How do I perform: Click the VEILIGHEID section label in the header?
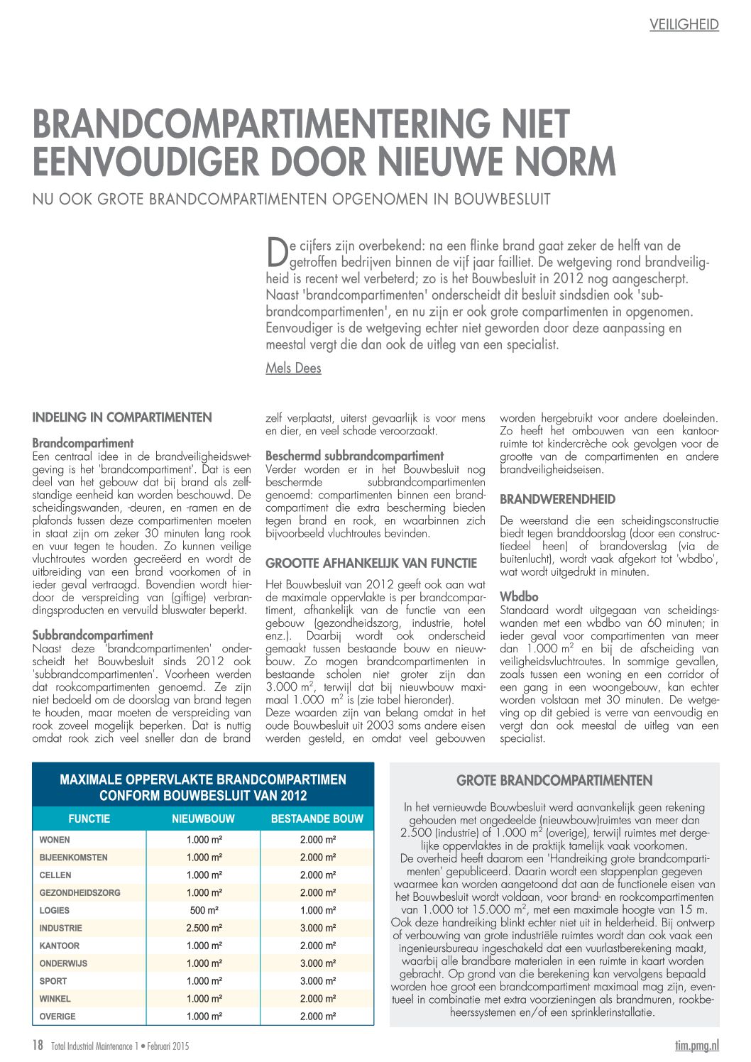(684, 25)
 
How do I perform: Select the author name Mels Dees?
(293, 368)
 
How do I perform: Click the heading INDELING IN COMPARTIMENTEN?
(122, 417)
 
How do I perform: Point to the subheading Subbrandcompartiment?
(92, 635)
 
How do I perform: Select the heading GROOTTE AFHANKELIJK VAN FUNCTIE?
(371, 563)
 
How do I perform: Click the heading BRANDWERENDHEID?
(557, 499)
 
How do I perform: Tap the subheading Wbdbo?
(519, 597)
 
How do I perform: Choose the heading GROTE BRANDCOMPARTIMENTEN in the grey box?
(554, 781)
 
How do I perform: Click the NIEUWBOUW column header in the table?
(203, 819)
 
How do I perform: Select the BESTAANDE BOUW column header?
(317, 819)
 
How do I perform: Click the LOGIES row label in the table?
(55, 910)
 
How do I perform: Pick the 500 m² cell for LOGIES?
(203, 910)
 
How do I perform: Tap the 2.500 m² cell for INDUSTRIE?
(203, 928)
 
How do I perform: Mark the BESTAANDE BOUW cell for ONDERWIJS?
(317, 963)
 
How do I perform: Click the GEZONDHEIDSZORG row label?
(80, 892)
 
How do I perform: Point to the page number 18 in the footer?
(38, 1045)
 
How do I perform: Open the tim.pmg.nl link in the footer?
(696, 1045)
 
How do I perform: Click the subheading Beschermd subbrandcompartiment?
(354, 456)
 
